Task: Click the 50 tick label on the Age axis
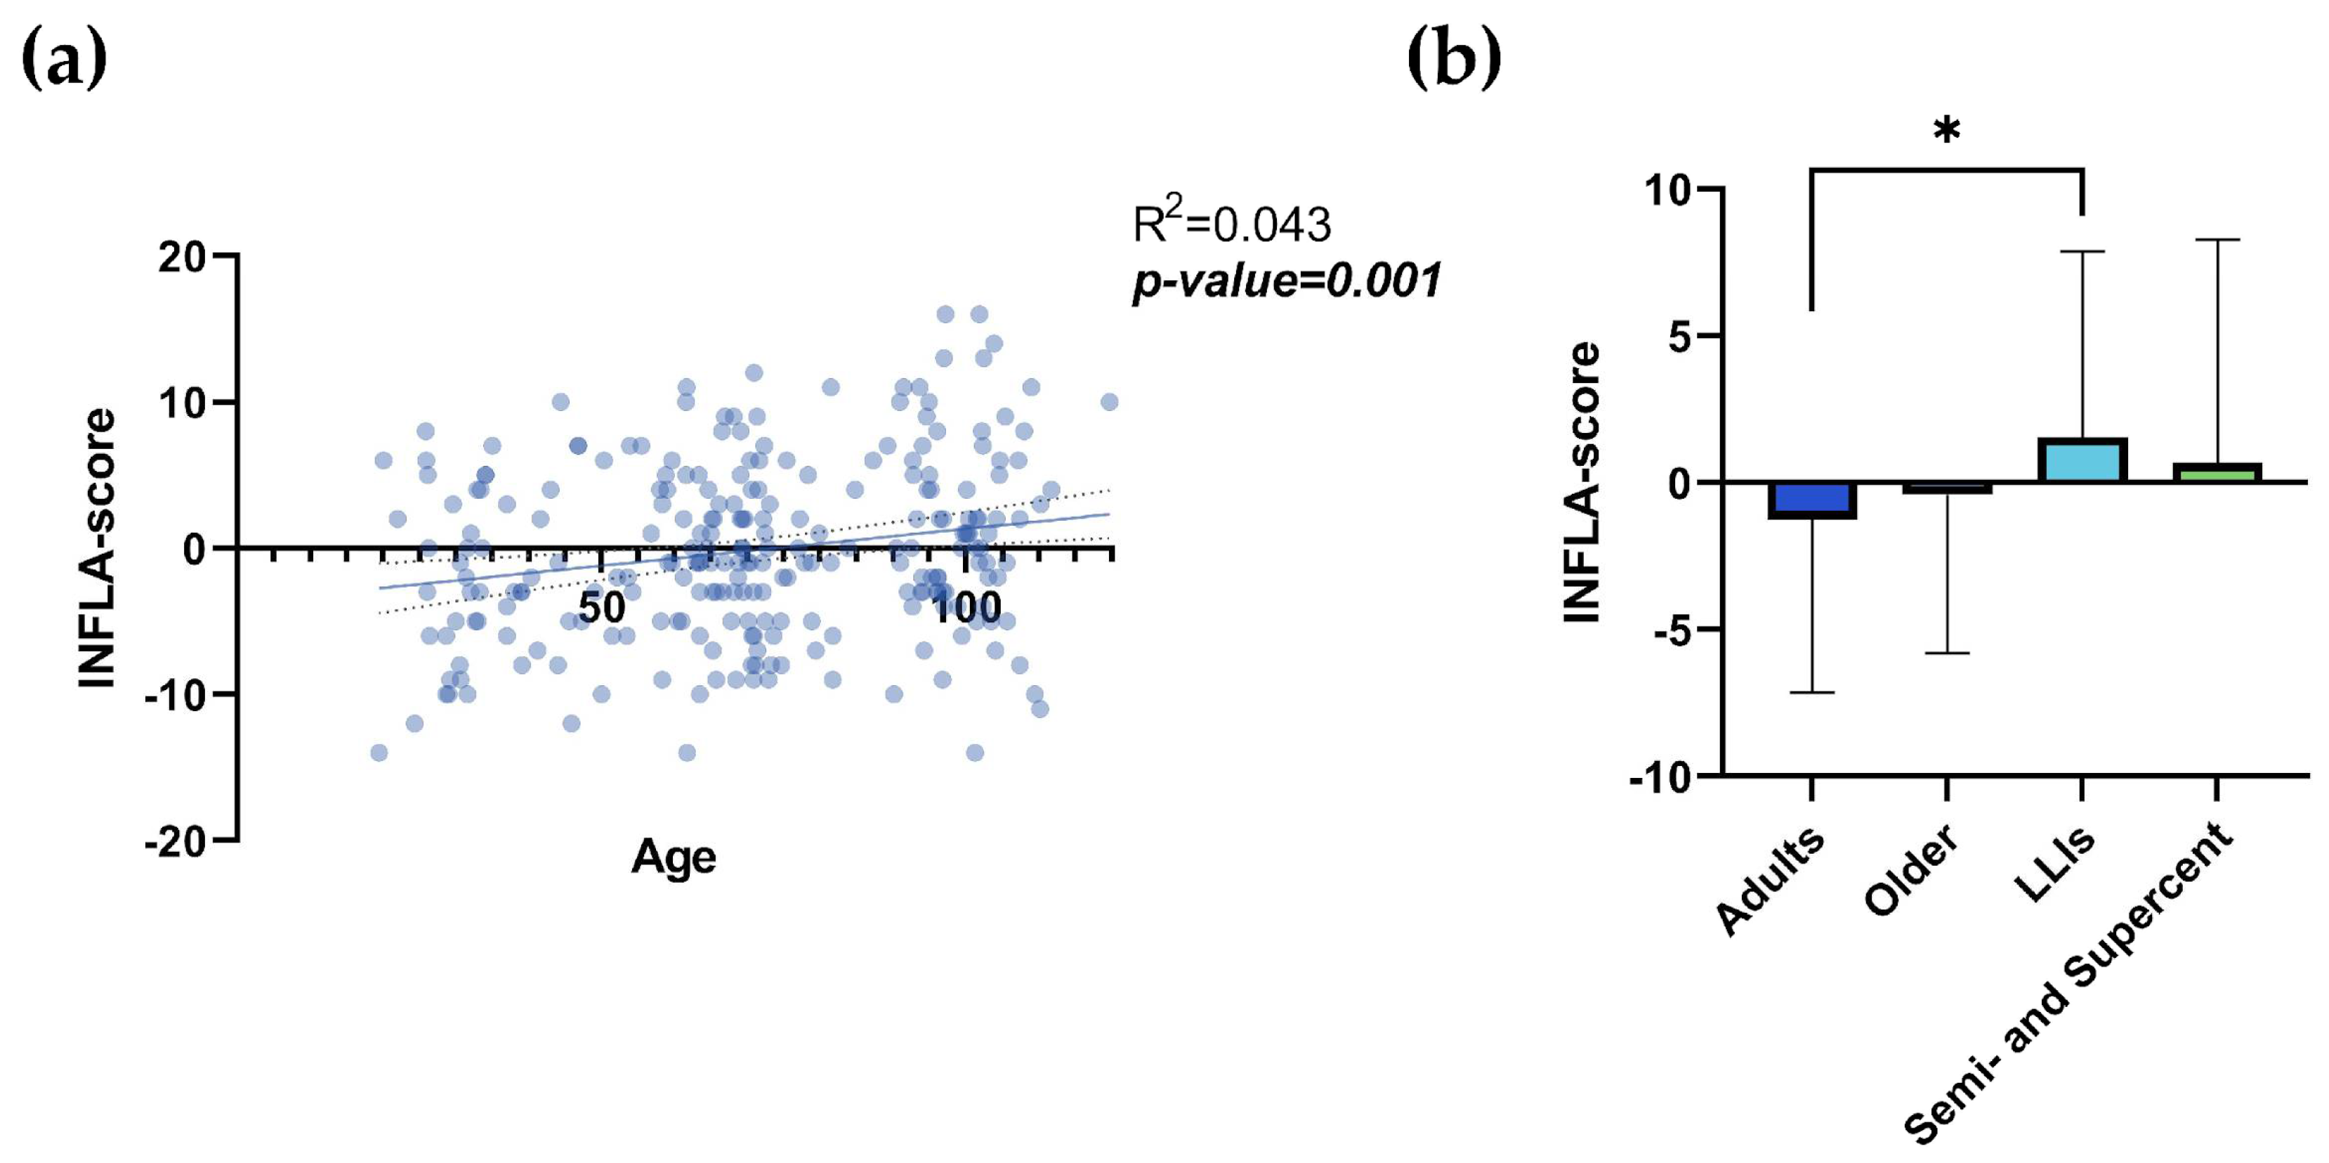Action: (x=601, y=608)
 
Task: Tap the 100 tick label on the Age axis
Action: (x=966, y=608)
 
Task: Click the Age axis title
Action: (x=674, y=857)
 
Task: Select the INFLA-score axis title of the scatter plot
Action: (x=98, y=549)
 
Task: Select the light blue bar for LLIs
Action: (x=2081, y=460)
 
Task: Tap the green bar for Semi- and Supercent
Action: (x=2216, y=473)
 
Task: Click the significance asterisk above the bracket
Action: (x=1946, y=132)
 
